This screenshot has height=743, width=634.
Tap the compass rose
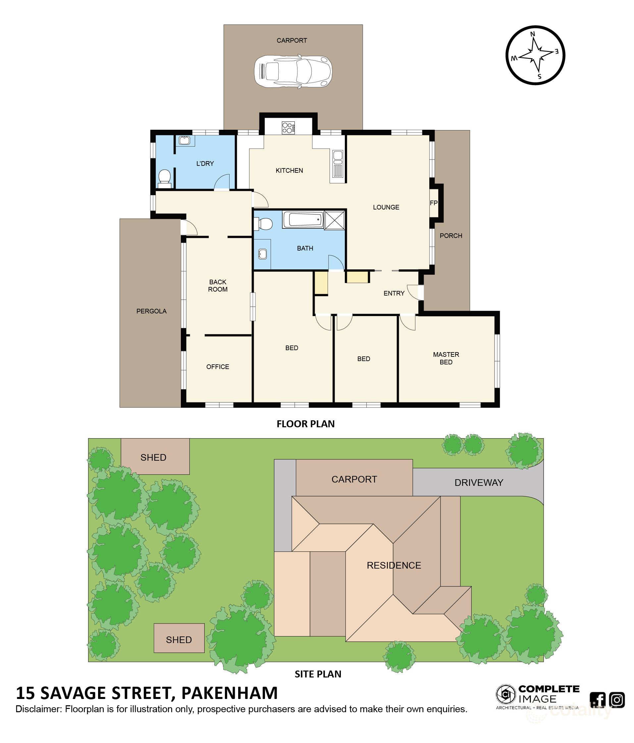535,55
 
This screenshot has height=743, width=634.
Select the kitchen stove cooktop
288,128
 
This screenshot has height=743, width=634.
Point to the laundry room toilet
164,178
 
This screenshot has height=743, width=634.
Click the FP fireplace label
433,203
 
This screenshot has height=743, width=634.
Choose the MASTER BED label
446,358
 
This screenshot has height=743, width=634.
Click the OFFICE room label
217,366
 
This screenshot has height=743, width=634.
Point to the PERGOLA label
151,311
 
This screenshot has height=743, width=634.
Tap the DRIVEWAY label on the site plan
479,482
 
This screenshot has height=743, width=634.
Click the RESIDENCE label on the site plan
394,565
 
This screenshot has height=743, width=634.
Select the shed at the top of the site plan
155,456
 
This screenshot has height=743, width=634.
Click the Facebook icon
598,700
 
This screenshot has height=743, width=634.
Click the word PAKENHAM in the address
229,693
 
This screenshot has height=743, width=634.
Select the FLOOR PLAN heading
305,424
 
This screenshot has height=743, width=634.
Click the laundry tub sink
185,140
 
